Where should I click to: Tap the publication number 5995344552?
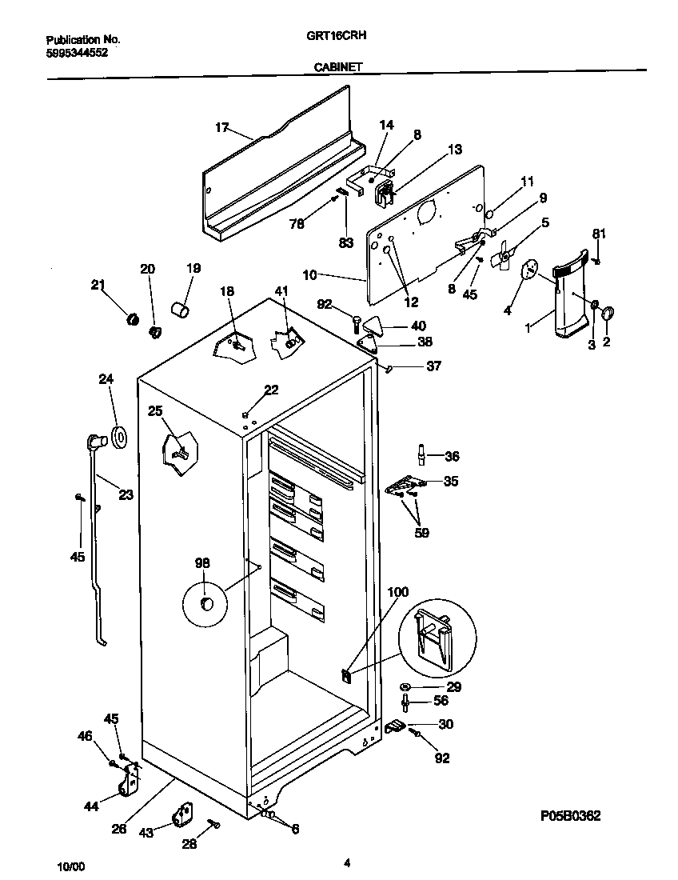click(77, 52)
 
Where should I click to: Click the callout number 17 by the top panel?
click(221, 127)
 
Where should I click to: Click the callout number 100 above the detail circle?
click(397, 592)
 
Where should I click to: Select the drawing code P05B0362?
click(570, 816)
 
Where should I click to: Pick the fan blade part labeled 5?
click(501, 261)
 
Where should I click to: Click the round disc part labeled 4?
click(528, 270)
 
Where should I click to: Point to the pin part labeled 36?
click(421, 454)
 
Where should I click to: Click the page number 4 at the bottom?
click(347, 862)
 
